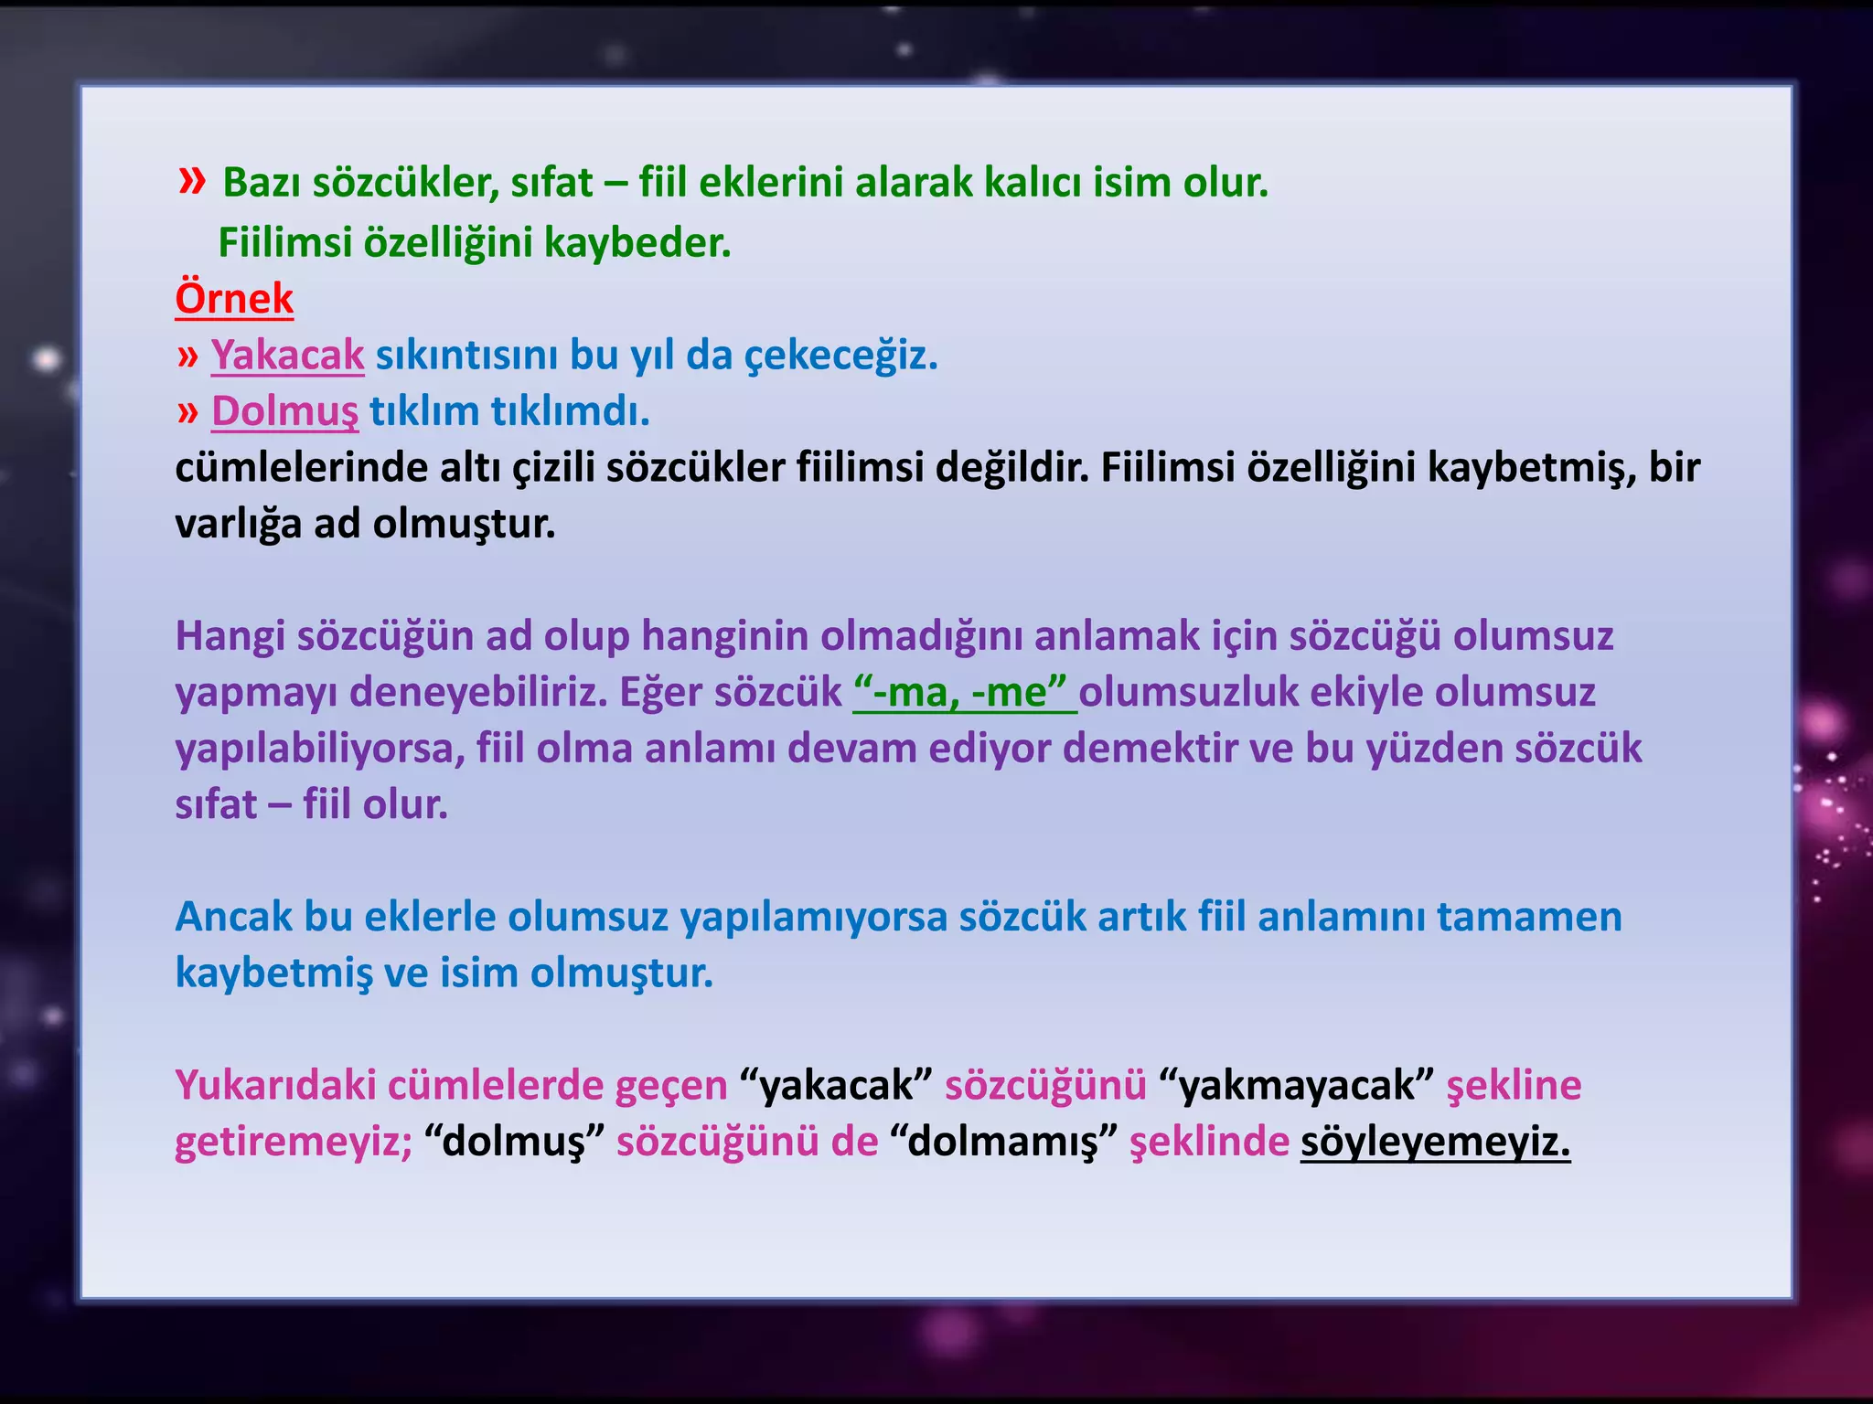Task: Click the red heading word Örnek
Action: tap(234, 299)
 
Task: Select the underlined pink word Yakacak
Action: tap(287, 356)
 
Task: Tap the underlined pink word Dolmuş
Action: tap(284, 411)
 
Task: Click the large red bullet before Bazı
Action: tap(192, 181)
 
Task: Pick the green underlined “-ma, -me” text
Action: tap(964, 693)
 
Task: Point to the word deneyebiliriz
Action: tap(479, 693)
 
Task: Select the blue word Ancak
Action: tap(233, 917)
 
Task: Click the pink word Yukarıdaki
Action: tap(275, 1086)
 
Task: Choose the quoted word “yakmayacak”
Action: tap(1296, 1086)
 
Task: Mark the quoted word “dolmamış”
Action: tap(1003, 1143)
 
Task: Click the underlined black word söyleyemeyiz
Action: tap(1435, 1143)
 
